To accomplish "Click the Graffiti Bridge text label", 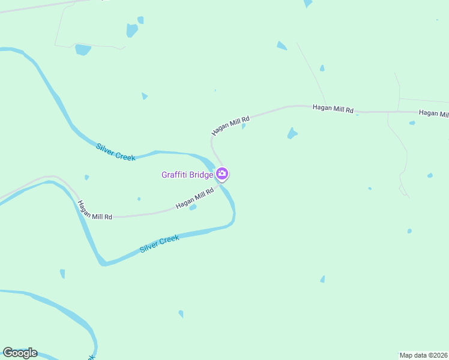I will pyautogui.click(x=187, y=175).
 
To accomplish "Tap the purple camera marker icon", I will pyautogui.click(x=222, y=174).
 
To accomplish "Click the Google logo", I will pyautogui.click(x=20, y=352).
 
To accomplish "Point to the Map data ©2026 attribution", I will pyautogui.click(x=424, y=355).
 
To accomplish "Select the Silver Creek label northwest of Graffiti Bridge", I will pyautogui.click(x=116, y=151).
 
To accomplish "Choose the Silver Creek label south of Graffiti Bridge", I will pyautogui.click(x=160, y=244).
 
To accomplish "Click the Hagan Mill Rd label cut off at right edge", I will pyautogui.click(x=433, y=113).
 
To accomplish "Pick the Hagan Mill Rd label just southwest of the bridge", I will pyautogui.click(x=194, y=199).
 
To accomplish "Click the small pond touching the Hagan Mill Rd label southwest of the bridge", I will pyautogui.click(x=193, y=208).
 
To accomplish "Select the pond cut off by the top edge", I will pyautogui.click(x=308, y=3).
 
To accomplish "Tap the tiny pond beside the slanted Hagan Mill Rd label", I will pyautogui.click(x=243, y=127).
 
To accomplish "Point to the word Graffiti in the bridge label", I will pyautogui.click(x=174, y=175).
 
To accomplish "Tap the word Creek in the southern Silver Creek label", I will pyautogui.click(x=169, y=239).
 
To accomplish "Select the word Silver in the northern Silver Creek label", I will pyautogui.click(x=106, y=147).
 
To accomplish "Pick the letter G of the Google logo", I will pyautogui.click(x=8, y=352).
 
